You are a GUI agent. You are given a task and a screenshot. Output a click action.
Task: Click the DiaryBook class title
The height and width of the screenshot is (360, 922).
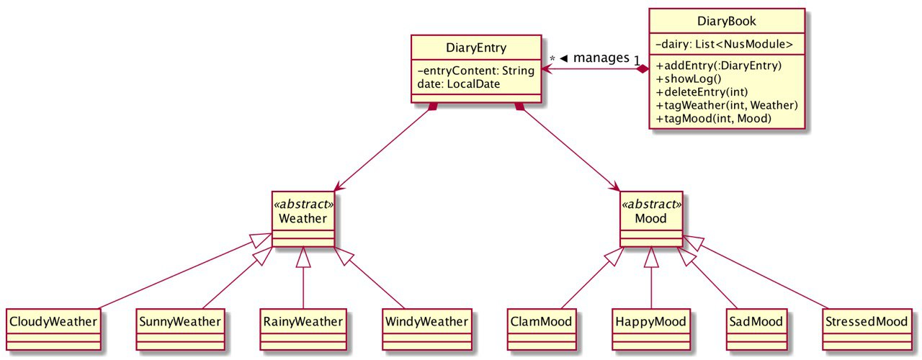[x=727, y=21]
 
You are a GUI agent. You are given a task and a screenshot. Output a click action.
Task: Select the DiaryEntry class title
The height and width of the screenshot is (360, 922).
[x=476, y=48]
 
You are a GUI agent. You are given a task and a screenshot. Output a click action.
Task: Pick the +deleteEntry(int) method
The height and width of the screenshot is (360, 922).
[x=702, y=91]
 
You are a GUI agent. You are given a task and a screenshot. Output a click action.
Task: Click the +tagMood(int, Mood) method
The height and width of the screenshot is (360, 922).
[x=713, y=119]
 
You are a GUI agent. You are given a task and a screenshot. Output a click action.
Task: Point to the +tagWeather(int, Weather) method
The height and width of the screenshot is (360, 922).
[x=727, y=105]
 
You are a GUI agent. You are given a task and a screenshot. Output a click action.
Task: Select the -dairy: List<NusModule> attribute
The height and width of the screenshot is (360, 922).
[x=724, y=44]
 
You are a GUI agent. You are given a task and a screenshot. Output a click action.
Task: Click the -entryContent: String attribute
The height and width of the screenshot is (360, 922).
[x=476, y=71]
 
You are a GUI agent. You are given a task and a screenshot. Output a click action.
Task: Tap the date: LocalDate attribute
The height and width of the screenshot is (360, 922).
[x=459, y=84]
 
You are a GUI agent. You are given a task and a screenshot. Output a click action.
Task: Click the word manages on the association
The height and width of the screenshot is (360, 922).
[x=601, y=58]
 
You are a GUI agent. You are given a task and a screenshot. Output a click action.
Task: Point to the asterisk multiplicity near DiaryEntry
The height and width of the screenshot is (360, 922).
[x=552, y=59]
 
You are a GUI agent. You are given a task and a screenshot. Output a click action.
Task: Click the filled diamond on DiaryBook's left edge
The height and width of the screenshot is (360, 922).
[x=642, y=69]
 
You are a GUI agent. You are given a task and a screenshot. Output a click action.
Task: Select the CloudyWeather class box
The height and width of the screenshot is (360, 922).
[x=53, y=330]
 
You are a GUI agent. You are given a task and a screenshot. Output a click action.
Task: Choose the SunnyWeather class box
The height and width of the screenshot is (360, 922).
[x=180, y=330]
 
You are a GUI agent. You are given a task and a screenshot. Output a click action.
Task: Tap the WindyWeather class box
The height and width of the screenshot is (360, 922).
[x=427, y=330]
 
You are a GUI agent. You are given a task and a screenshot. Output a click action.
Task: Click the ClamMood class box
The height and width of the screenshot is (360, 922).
[x=541, y=330]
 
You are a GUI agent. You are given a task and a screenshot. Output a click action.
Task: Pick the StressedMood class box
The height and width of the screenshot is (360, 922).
[x=867, y=330]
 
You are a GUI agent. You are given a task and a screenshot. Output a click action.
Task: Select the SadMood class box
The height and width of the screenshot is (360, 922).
[x=756, y=330]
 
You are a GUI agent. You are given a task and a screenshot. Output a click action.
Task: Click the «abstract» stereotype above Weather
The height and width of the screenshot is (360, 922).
[x=303, y=204]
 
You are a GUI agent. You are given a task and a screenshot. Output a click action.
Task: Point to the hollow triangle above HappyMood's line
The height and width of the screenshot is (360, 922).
[x=651, y=258]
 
